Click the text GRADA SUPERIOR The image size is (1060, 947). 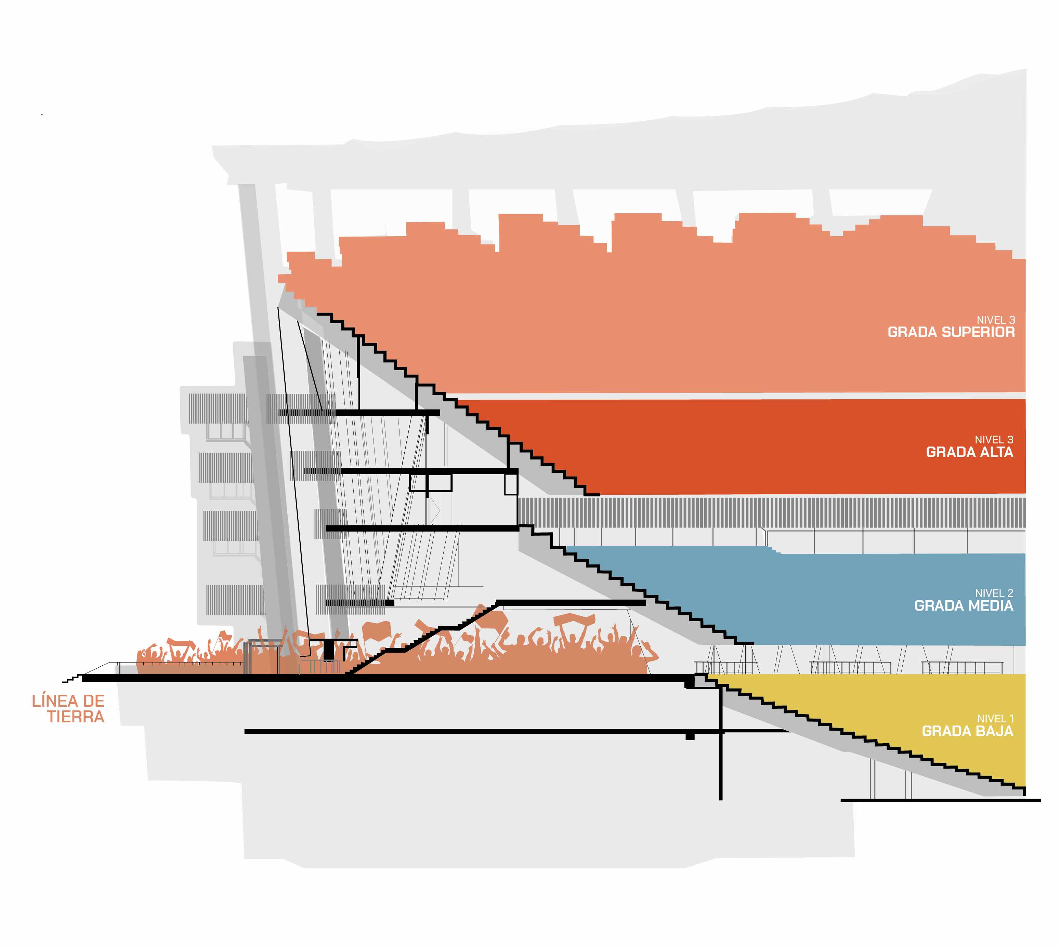point(951,332)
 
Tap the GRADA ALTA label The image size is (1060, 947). point(969,452)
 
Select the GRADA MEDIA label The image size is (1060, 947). point(964,606)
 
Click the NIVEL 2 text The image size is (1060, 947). point(994,593)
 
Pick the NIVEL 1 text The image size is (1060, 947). point(995,719)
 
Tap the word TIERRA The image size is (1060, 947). point(76,717)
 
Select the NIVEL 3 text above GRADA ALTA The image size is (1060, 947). point(994,440)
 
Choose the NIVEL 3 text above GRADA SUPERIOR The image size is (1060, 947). point(995,320)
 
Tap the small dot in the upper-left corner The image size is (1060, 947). point(42,115)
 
